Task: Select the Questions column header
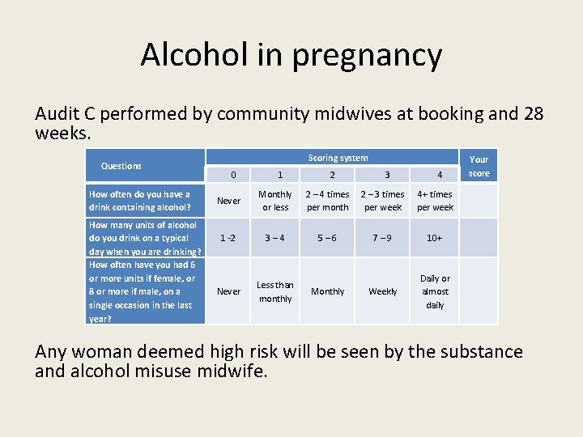pyautogui.click(x=121, y=166)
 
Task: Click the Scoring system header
pyautogui.click(x=338, y=158)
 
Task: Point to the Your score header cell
pyautogui.click(x=479, y=166)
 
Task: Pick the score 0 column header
pyautogui.click(x=233, y=175)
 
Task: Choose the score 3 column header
pyautogui.click(x=387, y=175)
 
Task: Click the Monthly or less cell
pyautogui.click(x=275, y=201)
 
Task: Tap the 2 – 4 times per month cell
pyautogui.click(x=328, y=201)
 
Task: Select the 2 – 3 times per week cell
pyautogui.click(x=383, y=201)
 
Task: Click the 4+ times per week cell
pyautogui.click(x=436, y=201)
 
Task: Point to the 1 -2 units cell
pyautogui.click(x=229, y=238)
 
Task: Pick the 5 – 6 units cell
pyautogui.click(x=328, y=238)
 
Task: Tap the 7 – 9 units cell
pyautogui.click(x=383, y=238)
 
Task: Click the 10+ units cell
pyautogui.click(x=435, y=238)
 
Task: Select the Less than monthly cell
pyautogui.click(x=275, y=291)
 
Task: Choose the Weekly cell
pyautogui.click(x=383, y=291)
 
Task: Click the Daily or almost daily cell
pyautogui.click(x=435, y=291)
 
